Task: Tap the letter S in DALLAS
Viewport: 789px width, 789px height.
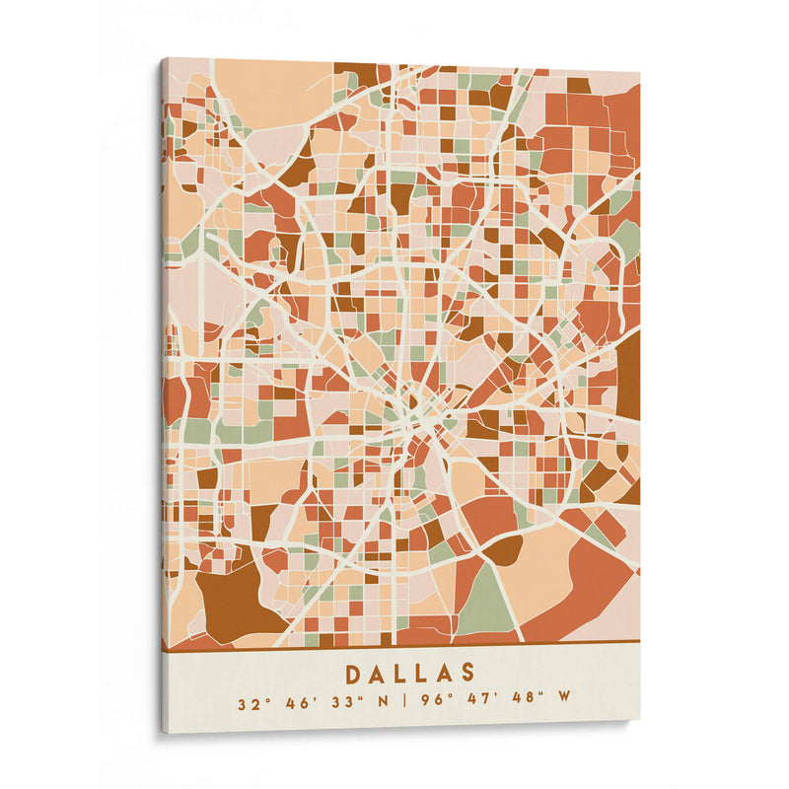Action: click(468, 674)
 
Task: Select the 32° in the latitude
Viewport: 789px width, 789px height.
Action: click(253, 704)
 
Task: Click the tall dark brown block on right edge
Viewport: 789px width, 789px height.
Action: click(628, 375)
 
